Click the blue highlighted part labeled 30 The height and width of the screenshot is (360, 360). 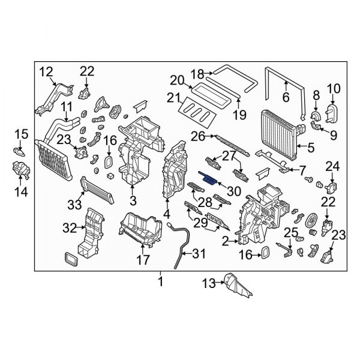tap(208, 179)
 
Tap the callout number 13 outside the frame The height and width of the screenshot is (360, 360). tap(209, 283)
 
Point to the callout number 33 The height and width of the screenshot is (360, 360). tap(74, 204)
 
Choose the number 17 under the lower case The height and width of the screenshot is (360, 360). tap(143, 260)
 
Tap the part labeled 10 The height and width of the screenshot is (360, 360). tap(332, 113)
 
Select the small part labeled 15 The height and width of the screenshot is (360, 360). tap(19, 152)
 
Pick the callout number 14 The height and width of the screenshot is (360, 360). tap(21, 191)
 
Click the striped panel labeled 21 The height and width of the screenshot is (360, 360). tap(197, 112)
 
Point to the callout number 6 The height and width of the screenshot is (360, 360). tap(286, 97)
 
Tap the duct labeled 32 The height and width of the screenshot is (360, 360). tap(90, 232)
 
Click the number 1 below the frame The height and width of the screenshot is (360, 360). tap(161, 281)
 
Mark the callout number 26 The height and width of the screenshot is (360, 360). tap(198, 137)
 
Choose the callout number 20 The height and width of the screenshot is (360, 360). tap(177, 80)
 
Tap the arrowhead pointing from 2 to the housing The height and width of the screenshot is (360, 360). tap(237, 241)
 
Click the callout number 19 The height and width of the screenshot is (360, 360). tap(239, 115)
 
